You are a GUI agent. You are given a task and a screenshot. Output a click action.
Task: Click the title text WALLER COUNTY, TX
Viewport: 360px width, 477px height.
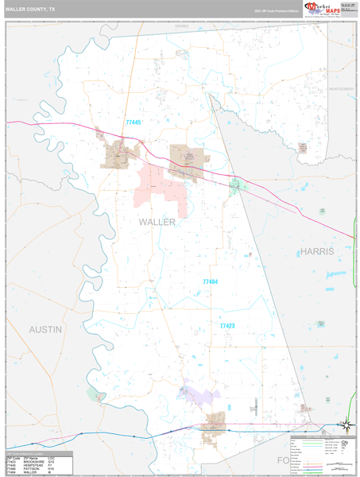tap(30, 9)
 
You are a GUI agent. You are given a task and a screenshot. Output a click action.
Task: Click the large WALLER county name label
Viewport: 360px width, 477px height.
tap(157, 222)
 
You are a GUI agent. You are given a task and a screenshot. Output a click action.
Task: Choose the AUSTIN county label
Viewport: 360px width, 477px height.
tap(45, 328)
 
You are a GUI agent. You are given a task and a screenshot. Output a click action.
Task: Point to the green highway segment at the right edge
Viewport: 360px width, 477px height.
tap(353, 397)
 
